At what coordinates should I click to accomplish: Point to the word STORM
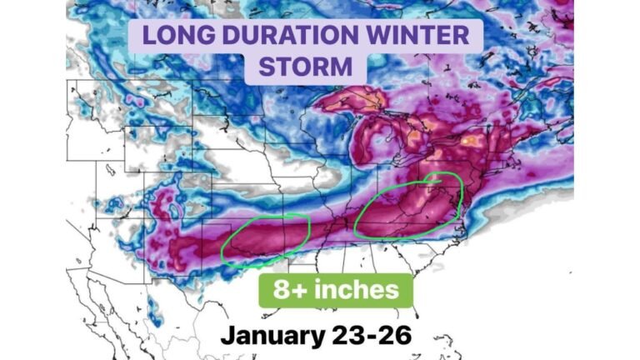[x=305, y=67]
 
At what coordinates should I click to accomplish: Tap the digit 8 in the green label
[x=281, y=291]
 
